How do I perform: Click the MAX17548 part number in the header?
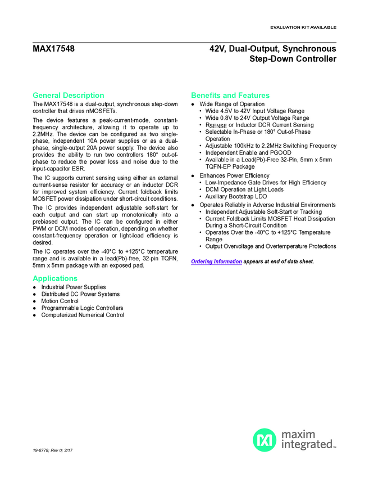(x=53, y=49)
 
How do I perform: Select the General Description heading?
(x=69, y=95)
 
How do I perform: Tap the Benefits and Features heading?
(x=230, y=95)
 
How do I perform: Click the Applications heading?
(x=55, y=278)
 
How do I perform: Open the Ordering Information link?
(x=217, y=261)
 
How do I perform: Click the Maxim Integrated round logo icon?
(x=264, y=440)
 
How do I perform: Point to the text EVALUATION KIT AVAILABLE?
(x=303, y=27)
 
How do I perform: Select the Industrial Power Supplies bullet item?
(x=74, y=287)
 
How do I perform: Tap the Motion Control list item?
(x=60, y=301)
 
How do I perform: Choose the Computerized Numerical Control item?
(x=83, y=315)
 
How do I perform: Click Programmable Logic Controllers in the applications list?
(x=82, y=308)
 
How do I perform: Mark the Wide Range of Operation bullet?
(x=232, y=104)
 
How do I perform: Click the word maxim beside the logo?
(x=298, y=434)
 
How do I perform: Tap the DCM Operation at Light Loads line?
(x=244, y=190)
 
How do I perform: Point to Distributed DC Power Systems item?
(x=80, y=294)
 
